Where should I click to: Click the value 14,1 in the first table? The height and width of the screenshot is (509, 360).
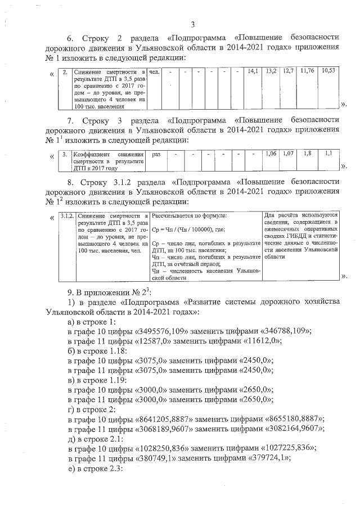point(253,71)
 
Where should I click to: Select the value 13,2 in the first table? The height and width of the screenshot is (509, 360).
point(271,71)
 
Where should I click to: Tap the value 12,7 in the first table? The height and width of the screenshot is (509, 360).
point(289,71)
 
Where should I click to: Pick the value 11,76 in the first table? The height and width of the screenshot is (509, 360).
point(307,71)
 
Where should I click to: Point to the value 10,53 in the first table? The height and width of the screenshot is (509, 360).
point(328,71)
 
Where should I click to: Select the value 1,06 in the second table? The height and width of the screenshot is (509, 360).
point(271,154)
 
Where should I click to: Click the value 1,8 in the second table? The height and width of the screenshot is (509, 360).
point(307,154)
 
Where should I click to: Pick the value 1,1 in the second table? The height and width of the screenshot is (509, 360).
point(328,154)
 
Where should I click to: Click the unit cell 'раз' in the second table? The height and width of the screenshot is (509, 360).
point(156,154)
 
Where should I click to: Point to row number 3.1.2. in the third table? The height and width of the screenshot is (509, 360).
point(67,216)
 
